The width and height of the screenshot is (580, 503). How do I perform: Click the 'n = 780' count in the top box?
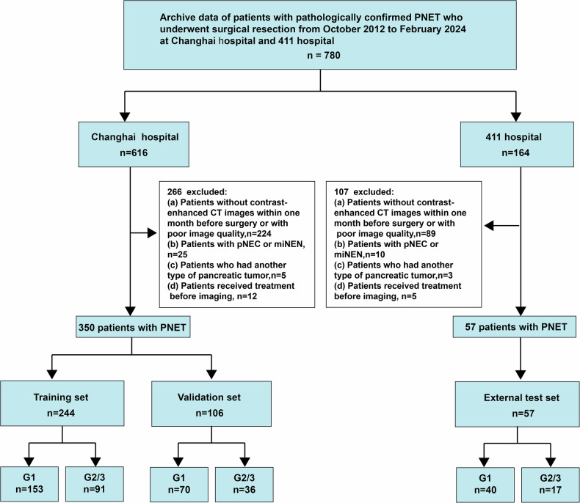click(324, 56)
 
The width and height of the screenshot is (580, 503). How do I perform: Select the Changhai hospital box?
click(134, 144)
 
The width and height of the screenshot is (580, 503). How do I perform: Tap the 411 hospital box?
click(517, 144)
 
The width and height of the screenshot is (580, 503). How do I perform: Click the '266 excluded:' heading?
click(197, 192)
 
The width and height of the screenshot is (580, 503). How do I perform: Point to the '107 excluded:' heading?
click(364, 192)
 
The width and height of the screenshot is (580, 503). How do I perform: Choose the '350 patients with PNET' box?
click(133, 327)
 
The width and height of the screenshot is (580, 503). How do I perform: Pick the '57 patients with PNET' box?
click(515, 327)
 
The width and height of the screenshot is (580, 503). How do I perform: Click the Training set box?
click(62, 404)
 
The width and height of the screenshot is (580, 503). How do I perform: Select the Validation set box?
click(211, 404)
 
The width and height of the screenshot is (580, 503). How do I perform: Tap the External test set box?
click(518, 405)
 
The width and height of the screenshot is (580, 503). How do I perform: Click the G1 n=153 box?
click(29, 484)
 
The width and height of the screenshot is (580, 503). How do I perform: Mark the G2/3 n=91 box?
click(94, 484)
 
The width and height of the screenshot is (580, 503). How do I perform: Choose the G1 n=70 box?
click(179, 485)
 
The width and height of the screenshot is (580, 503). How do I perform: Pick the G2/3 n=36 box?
click(244, 485)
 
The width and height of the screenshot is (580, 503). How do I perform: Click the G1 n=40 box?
click(485, 485)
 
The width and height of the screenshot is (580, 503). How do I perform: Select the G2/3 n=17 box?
click(551, 485)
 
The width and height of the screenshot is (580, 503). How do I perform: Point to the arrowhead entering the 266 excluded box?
click(152, 233)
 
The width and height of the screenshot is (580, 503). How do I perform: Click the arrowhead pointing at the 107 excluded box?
click(489, 225)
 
